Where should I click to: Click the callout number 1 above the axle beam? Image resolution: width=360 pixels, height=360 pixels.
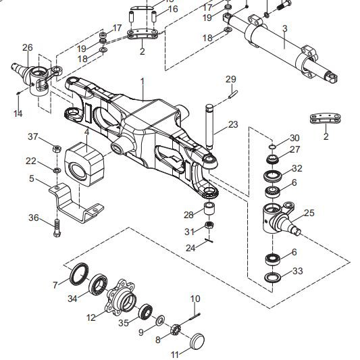point(143,81)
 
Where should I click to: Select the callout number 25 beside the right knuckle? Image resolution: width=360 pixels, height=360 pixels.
point(309,213)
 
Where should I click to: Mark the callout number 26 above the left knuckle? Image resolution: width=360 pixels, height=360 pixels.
point(27,47)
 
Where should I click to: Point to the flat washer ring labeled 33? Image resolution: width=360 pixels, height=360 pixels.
point(274,278)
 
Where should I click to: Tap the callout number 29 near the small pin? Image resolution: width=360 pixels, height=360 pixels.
point(231,80)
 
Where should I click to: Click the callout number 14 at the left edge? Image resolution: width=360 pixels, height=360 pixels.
point(18,113)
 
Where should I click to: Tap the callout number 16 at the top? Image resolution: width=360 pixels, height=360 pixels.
point(173,9)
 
